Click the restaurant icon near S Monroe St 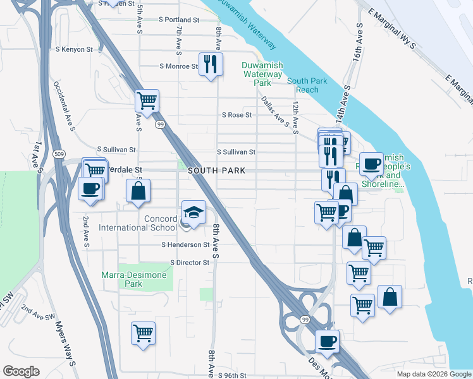(211, 64)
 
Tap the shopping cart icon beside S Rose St (147, 100)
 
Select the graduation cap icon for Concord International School (194, 212)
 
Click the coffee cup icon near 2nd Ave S (90, 188)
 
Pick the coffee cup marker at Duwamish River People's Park (371, 164)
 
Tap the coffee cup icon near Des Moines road (327, 342)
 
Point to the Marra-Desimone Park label (134, 279)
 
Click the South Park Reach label (303, 85)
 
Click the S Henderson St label (185, 244)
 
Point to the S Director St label (189, 262)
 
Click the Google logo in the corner (21, 371)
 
